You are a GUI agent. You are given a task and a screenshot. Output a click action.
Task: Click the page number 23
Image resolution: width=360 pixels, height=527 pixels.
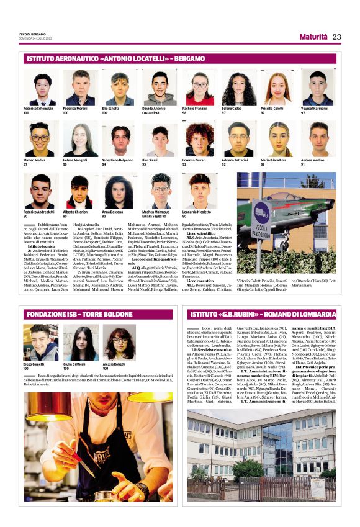[336, 37]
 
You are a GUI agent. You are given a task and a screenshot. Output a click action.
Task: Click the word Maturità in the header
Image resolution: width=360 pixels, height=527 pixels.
[313, 37]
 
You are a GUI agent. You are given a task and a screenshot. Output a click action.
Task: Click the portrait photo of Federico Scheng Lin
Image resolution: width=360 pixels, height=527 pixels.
[40, 89]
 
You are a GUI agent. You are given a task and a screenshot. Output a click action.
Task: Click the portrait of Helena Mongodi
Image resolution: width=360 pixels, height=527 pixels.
[79, 140]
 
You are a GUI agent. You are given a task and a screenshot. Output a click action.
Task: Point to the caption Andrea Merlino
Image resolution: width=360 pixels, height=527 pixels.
[314, 160]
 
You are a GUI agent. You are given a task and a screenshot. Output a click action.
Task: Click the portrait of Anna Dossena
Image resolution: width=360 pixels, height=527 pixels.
[119, 191]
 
